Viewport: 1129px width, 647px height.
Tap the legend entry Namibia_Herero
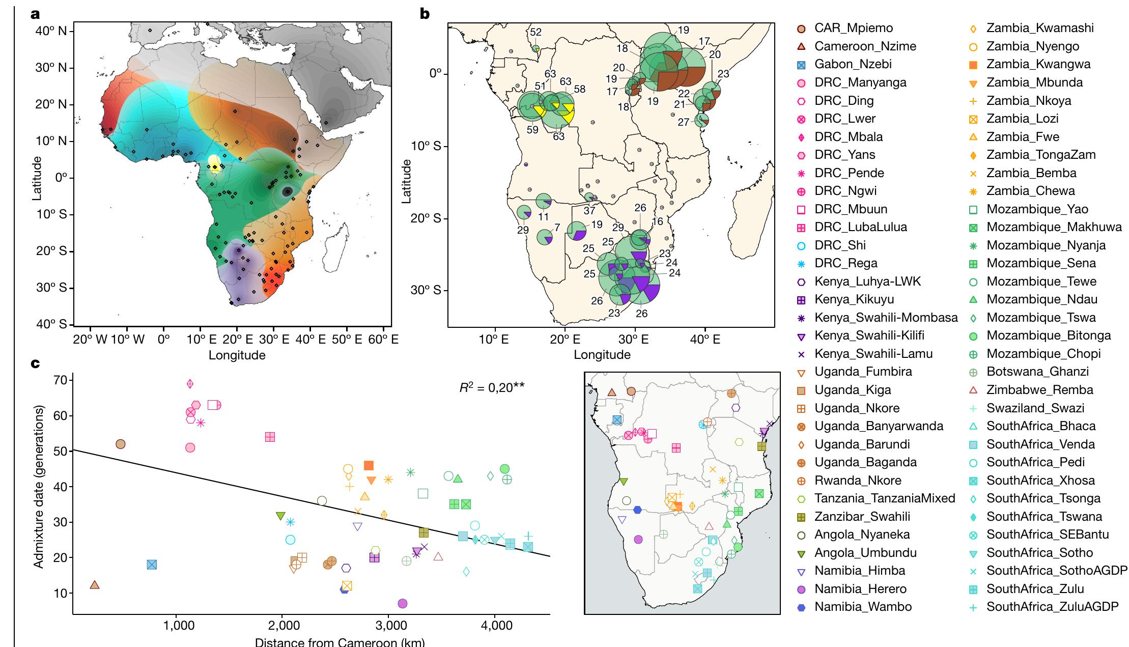point(860,589)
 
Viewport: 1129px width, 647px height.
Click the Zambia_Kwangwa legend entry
point(1038,64)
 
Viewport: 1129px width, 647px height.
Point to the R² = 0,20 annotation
point(491,387)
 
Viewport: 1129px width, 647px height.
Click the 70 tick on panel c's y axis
point(61,380)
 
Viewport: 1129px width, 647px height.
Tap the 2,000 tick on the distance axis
point(283,626)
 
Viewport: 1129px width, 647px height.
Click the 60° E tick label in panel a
point(383,339)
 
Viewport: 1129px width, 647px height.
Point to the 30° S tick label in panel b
point(427,291)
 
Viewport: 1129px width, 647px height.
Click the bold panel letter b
point(425,14)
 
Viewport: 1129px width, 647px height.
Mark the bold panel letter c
point(36,364)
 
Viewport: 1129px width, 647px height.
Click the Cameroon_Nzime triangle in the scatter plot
point(94,585)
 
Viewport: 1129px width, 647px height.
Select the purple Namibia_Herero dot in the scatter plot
point(402,603)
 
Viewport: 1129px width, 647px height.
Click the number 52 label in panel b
point(535,32)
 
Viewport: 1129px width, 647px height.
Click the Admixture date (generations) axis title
point(38,487)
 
